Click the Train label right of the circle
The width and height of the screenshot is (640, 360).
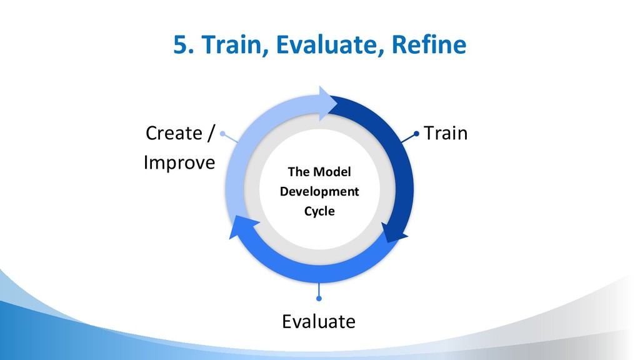[x=446, y=133]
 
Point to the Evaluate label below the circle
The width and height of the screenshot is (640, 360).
[x=319, y=321]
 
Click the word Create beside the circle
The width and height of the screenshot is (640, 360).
[x=174, y=133]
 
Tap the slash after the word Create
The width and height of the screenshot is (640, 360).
[x=210, y=133]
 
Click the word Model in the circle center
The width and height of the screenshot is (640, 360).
[x=332, y=172]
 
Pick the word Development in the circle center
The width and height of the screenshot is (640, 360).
[x=319, y=191]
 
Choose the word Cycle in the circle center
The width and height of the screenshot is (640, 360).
[x=319, y=211]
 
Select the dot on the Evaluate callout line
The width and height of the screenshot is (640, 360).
[x=319, y=298]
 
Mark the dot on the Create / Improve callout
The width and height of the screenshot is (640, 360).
[x=223, y=134]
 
